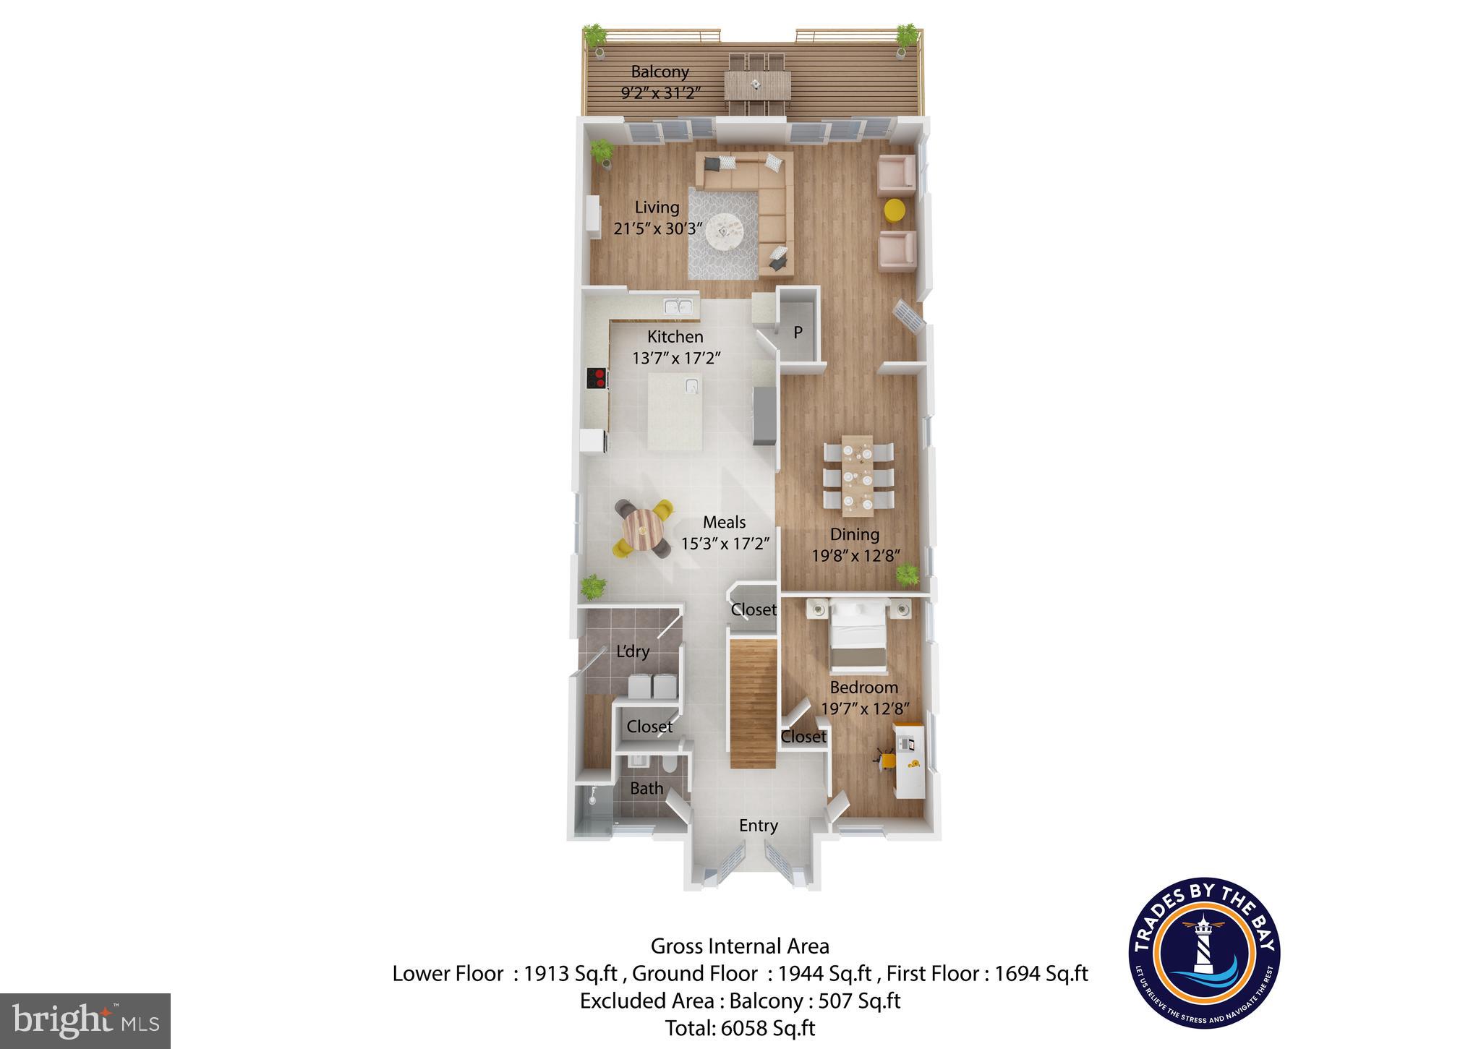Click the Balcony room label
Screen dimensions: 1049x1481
click(660, 72)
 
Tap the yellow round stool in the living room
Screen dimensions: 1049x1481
click(895, 210)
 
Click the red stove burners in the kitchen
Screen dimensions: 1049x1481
click(597, 377)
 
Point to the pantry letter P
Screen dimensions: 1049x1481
click(798, 333)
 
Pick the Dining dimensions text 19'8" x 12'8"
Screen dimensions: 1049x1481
click(855, 556)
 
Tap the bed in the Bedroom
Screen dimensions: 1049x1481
click(858, 636)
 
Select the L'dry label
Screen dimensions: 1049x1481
click(633, 651)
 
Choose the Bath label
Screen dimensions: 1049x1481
click(646, 789)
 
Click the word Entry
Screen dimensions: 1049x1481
click(758, 826)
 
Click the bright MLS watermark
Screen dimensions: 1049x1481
click(85, 1020)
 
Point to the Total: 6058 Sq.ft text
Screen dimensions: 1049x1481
click(740, 1028)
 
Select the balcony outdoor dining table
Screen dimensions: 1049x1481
click(755, 85)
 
